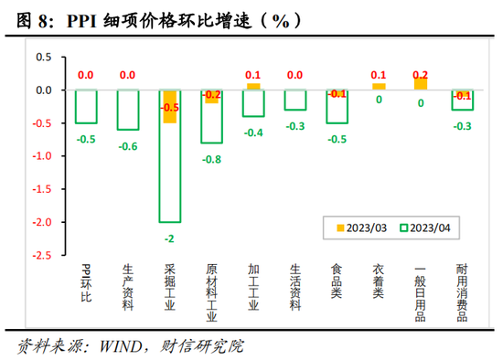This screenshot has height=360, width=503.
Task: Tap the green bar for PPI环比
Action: click(85, 107)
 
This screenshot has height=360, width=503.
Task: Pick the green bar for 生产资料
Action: click(127, 110)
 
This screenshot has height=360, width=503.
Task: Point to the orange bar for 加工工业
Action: click(253, 87)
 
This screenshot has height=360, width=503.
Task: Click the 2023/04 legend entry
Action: click(422, 228)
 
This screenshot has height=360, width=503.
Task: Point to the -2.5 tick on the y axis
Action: click(41, 255)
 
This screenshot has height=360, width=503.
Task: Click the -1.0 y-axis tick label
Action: click(41, 156)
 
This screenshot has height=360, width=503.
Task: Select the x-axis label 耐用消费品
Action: click(464, 291)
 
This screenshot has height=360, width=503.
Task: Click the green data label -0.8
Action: click(212, 158)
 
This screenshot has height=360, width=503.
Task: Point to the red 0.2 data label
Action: click(421, 75)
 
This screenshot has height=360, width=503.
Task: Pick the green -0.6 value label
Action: click(127, 145)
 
